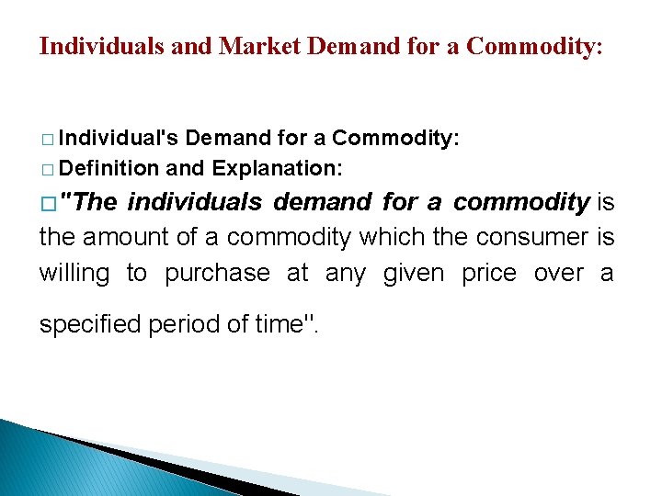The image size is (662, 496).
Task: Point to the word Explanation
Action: (277, 169)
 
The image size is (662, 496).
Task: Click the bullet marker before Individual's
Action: (47, 140)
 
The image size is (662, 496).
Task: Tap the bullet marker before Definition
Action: (47, 171)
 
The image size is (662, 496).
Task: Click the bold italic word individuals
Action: (194, 202)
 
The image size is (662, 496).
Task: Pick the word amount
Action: (129, 237)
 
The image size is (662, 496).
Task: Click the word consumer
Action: (530, 237)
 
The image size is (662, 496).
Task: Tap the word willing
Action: (74, 273)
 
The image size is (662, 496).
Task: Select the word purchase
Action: (218, 274)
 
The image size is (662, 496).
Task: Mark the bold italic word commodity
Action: (521, 202)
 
